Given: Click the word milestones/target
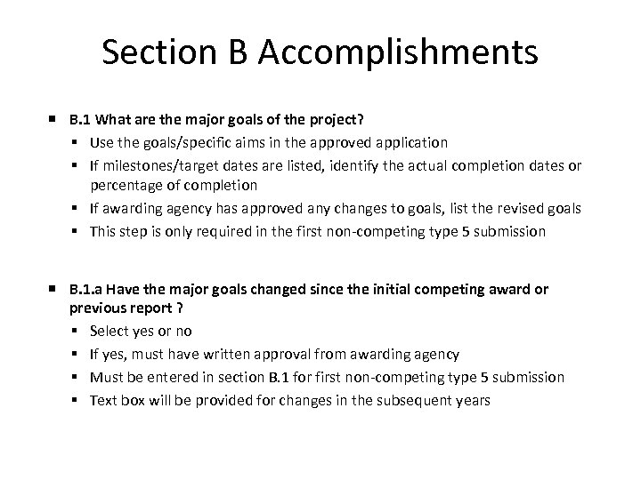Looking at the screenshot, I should pos(154,164).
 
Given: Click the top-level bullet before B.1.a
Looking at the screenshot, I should pos(54,290).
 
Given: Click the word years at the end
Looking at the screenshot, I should pos(471,399).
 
